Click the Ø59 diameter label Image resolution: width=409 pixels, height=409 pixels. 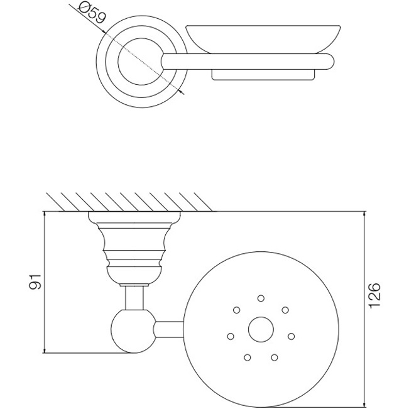click(92, 13)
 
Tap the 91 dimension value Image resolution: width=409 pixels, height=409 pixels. click(35, 281)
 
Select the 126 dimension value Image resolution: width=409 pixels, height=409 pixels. click(374, 295)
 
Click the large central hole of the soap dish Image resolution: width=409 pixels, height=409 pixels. click(261, 329)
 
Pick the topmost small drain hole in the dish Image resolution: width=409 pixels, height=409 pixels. click(261, 298)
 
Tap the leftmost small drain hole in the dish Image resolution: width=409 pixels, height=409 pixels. click(231, 336)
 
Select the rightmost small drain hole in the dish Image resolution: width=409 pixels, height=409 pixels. click(291, 336)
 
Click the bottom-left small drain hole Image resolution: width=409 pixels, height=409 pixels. click(248, 357)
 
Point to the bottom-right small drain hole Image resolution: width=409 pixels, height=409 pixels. click(275, 357)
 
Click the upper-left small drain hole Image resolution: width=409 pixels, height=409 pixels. click(237, 310)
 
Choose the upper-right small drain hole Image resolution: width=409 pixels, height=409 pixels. click(285, 310)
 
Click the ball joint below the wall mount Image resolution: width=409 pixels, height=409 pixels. click(134, 331)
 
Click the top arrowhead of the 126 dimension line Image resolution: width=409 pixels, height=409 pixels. click(364, 214)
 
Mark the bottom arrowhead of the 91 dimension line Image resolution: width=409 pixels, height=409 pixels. click(45, 351)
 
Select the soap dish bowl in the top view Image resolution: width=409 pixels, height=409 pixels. click(263, 39)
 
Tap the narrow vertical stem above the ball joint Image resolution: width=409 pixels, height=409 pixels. click(134, 298)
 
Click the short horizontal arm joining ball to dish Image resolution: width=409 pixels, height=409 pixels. click(169, 329)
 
